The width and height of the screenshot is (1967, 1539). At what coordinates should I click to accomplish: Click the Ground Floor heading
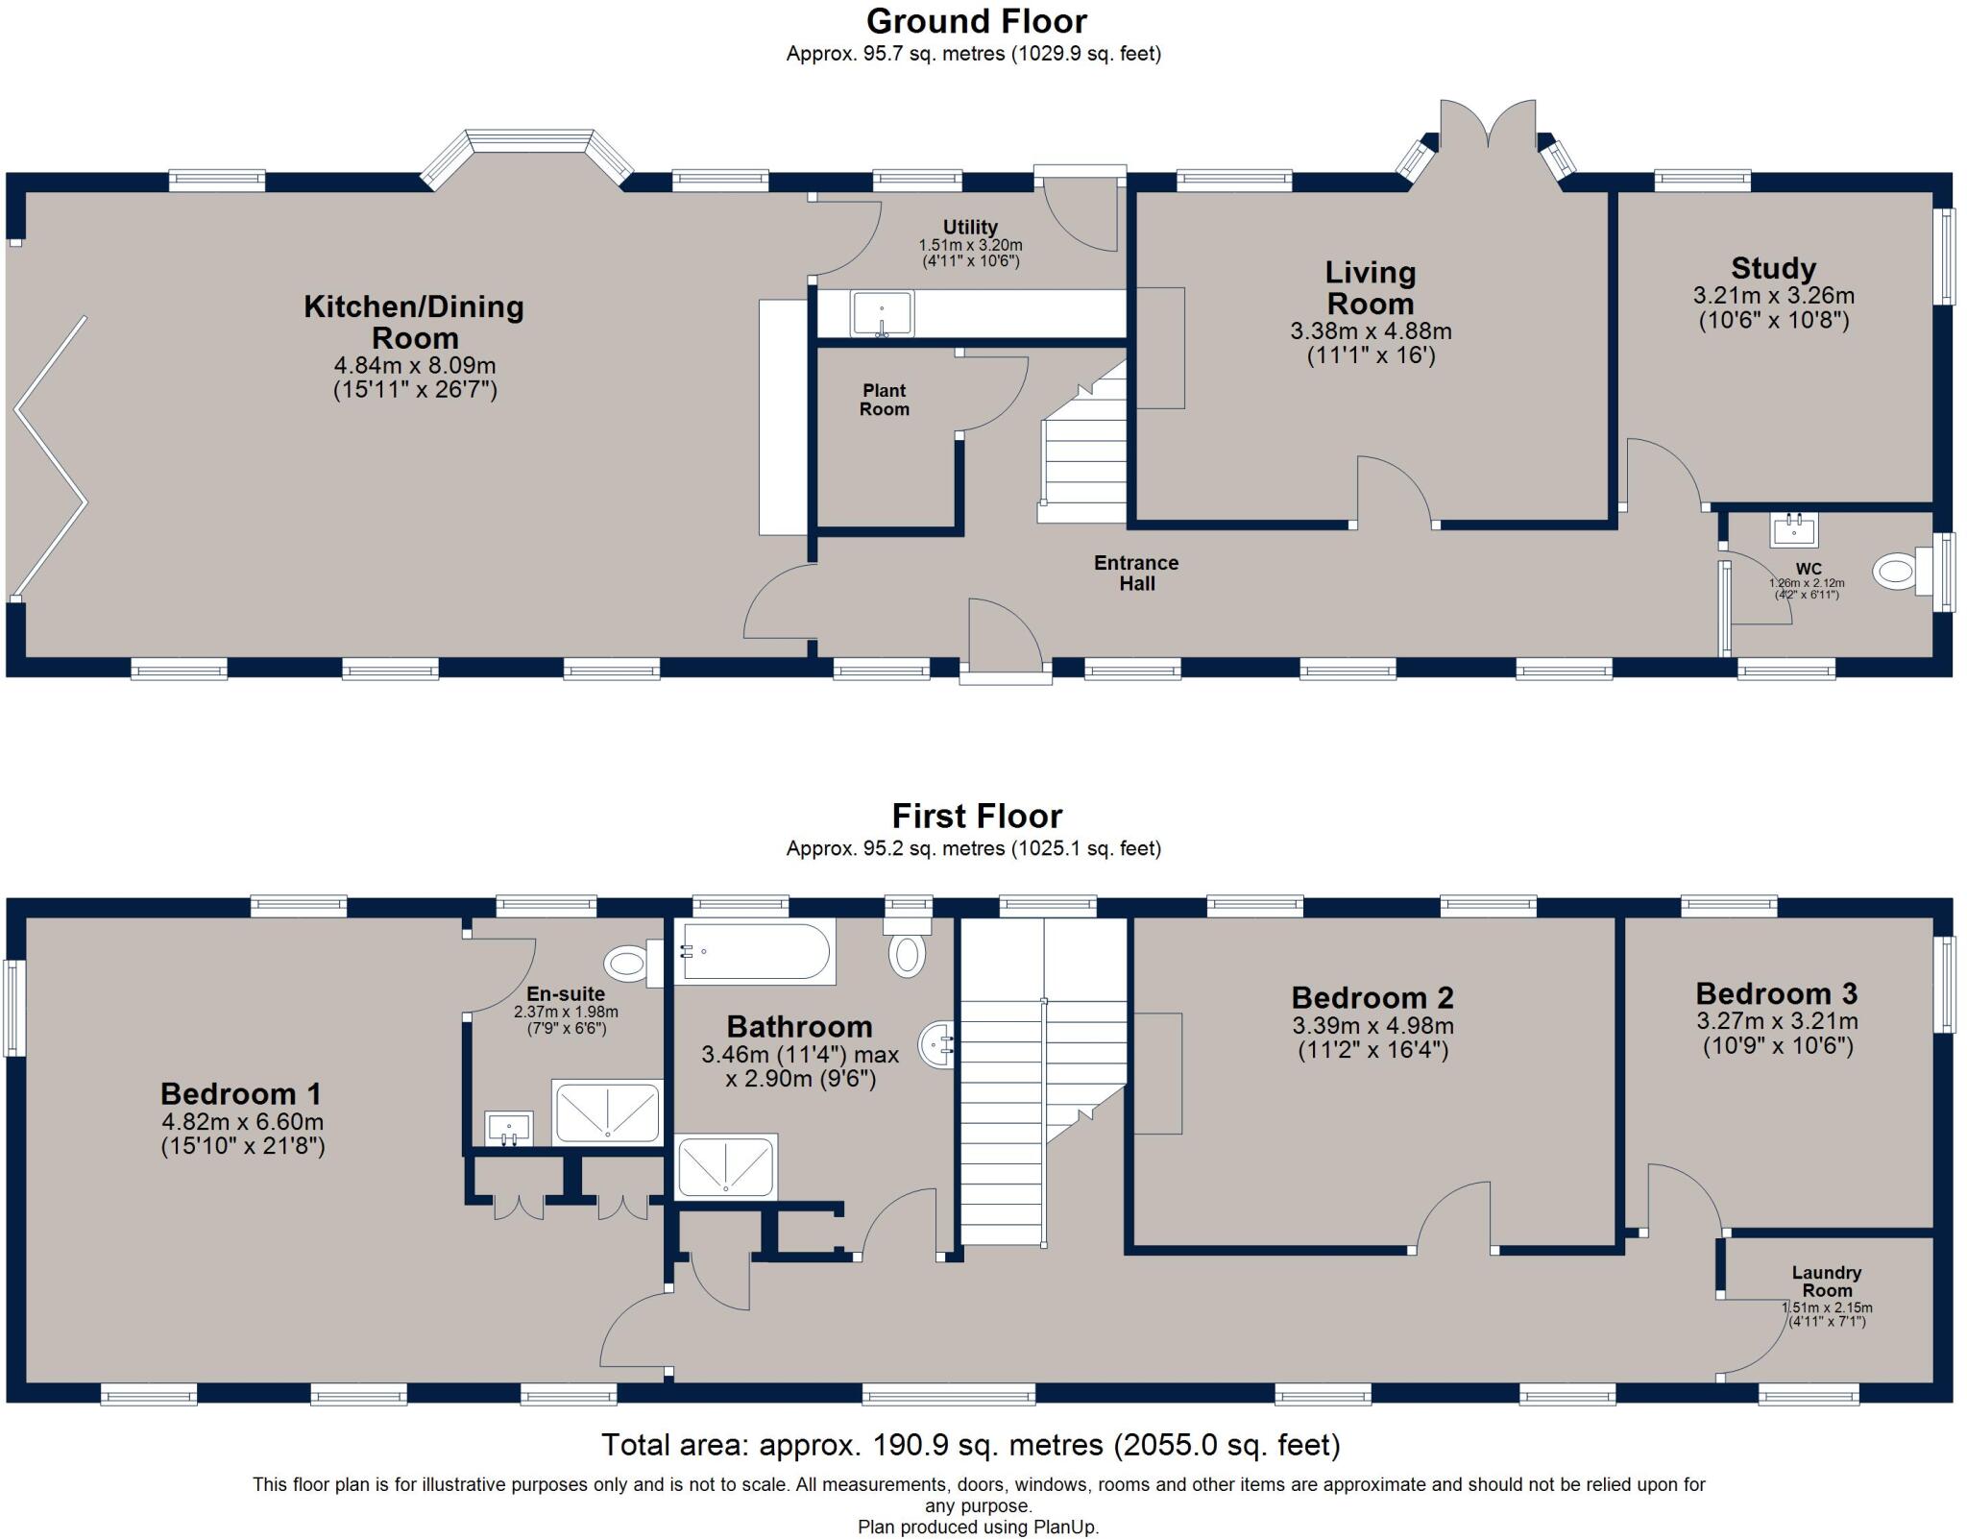click(x=976, y=21)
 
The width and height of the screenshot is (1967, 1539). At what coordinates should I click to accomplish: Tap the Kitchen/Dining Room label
click(x=414, y=322)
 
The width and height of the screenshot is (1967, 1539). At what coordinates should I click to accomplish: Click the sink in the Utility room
click(x=882, y=314)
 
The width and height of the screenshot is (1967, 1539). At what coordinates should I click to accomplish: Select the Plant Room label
click(x=884, y=400)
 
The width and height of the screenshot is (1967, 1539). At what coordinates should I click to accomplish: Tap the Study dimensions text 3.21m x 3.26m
click(x=1773, y=296)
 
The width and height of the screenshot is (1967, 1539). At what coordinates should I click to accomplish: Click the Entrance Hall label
click(x=1136, y=573)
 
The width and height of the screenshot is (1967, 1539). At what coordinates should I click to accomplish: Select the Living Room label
click(x=1371, y=288)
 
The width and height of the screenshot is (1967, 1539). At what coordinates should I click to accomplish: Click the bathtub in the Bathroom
click(x=755, y=951)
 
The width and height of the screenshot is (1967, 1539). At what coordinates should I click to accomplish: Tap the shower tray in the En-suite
click(x=607, y=1111)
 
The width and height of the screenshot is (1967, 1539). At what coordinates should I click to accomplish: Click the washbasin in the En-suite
click(x=509, y=1129)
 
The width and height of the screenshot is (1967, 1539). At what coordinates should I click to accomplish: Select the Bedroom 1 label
click(x=241, y=1093)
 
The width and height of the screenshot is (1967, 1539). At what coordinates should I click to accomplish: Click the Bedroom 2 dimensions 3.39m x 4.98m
click(x=1372, y=1025)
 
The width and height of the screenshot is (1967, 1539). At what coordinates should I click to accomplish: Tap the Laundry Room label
click(x=1827, y=1282)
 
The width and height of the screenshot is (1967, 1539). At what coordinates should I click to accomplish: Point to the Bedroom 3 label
click(x=1777, y=993)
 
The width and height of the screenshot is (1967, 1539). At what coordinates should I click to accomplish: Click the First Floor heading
click(x=977, y=817)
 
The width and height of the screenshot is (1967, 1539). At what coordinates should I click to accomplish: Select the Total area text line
click(x=970, y=1445)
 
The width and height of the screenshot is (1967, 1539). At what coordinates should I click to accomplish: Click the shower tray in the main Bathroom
click(x=726, y=1168)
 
